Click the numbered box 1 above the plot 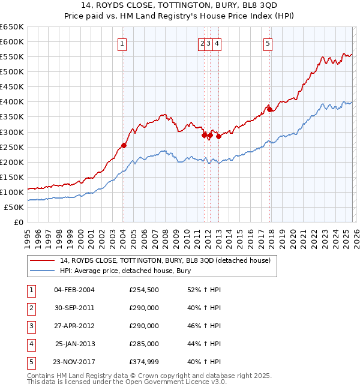(x=122, y=43)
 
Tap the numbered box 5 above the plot (x=267, y=43)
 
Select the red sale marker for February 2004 (x=124, y=145)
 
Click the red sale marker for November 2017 (x=269, y=109)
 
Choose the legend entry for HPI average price (x=125, y=271)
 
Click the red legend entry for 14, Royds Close (x=165, y=260)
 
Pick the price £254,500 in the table (x=143, y=290)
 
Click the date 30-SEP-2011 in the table (x=74, y=308)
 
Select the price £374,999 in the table (x=143, y=362)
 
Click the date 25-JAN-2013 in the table (x=75, y=344)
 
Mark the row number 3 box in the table (x=29, y=326)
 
